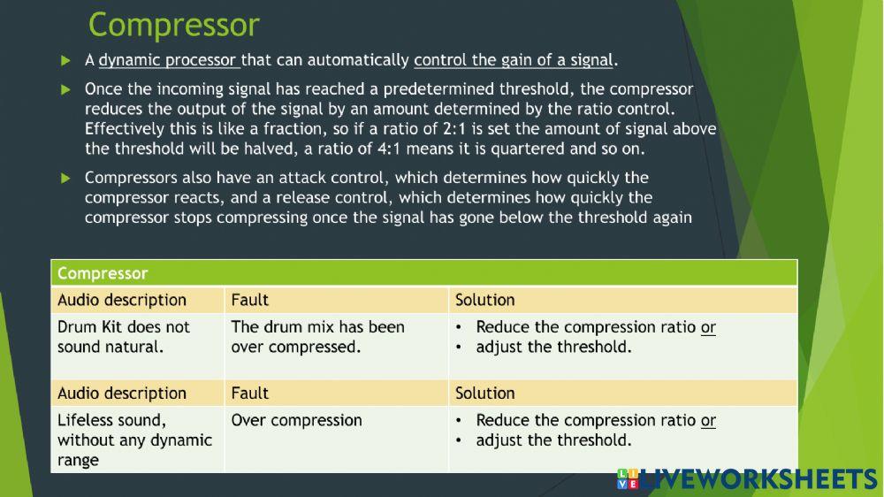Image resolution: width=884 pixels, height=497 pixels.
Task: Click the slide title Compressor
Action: (173, 25)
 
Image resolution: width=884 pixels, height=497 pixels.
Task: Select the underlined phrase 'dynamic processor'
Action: (168, 61)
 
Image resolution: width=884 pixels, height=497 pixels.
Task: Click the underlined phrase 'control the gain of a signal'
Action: (513, 61)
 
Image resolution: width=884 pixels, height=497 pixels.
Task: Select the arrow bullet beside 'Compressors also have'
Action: (65, 179)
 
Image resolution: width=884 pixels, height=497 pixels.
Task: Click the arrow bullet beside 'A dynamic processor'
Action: (65, 61)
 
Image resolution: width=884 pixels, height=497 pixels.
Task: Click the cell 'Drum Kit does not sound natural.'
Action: (124, 337)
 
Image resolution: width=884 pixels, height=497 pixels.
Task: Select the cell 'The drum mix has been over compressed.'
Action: (317, 337)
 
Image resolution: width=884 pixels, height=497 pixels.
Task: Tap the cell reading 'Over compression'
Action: (296, 420)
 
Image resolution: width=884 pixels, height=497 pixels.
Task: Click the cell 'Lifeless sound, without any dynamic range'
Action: (134, 440)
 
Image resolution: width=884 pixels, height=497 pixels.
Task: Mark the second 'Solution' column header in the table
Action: (484, 393)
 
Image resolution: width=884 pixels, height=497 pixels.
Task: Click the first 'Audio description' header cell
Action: (122, 300)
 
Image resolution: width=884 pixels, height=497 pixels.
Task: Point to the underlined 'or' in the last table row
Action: (708, 421)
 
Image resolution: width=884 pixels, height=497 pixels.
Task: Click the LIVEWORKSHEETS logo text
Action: (758, 480)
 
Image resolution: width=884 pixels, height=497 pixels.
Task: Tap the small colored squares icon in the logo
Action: (627, 479)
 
